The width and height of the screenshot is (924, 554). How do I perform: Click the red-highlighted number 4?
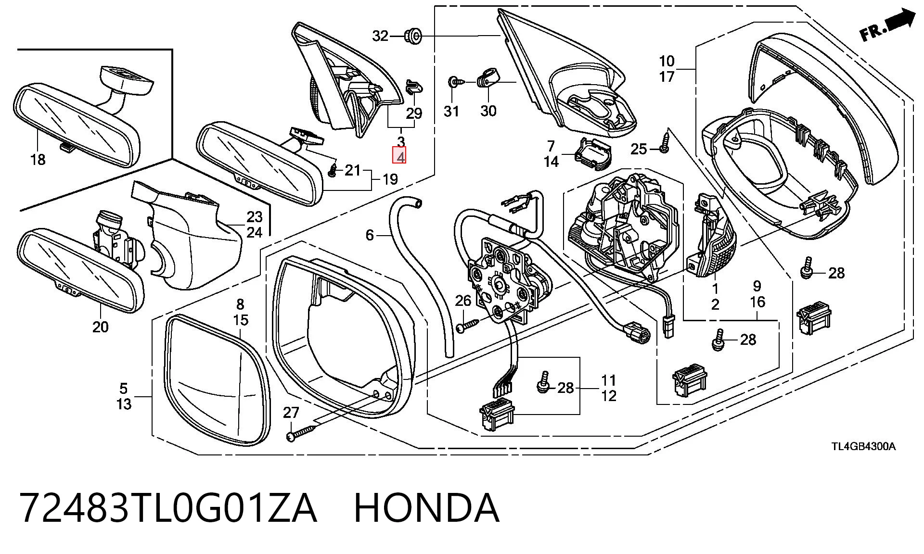(400, 155)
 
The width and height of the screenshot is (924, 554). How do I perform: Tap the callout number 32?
(380, 36)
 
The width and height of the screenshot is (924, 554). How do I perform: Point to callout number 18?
(38, 159)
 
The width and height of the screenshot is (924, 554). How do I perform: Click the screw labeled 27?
(302, 429)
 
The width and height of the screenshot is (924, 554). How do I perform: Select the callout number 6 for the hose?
(370, 235)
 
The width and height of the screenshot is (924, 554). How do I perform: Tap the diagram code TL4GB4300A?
(864, 446)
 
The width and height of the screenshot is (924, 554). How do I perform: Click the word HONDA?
(426, 508)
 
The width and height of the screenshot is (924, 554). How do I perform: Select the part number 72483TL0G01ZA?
(168, 508)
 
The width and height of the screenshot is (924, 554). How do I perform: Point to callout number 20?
(100, 327)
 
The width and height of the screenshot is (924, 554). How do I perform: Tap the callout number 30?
(488, 111)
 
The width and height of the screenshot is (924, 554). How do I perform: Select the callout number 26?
(463, 301)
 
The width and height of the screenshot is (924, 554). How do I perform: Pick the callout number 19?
(390, 179)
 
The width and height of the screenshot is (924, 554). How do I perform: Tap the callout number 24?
(255, 232)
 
